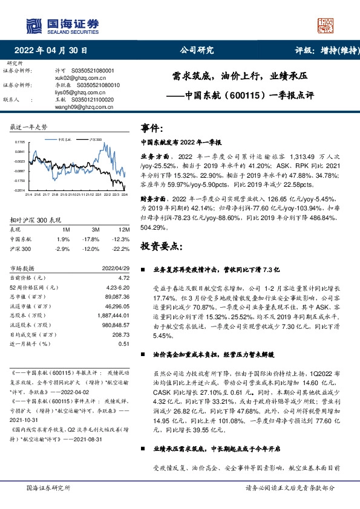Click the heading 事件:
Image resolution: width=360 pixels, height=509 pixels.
point(152,128)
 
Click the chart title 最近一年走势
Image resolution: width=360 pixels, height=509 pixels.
point(29,127)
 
